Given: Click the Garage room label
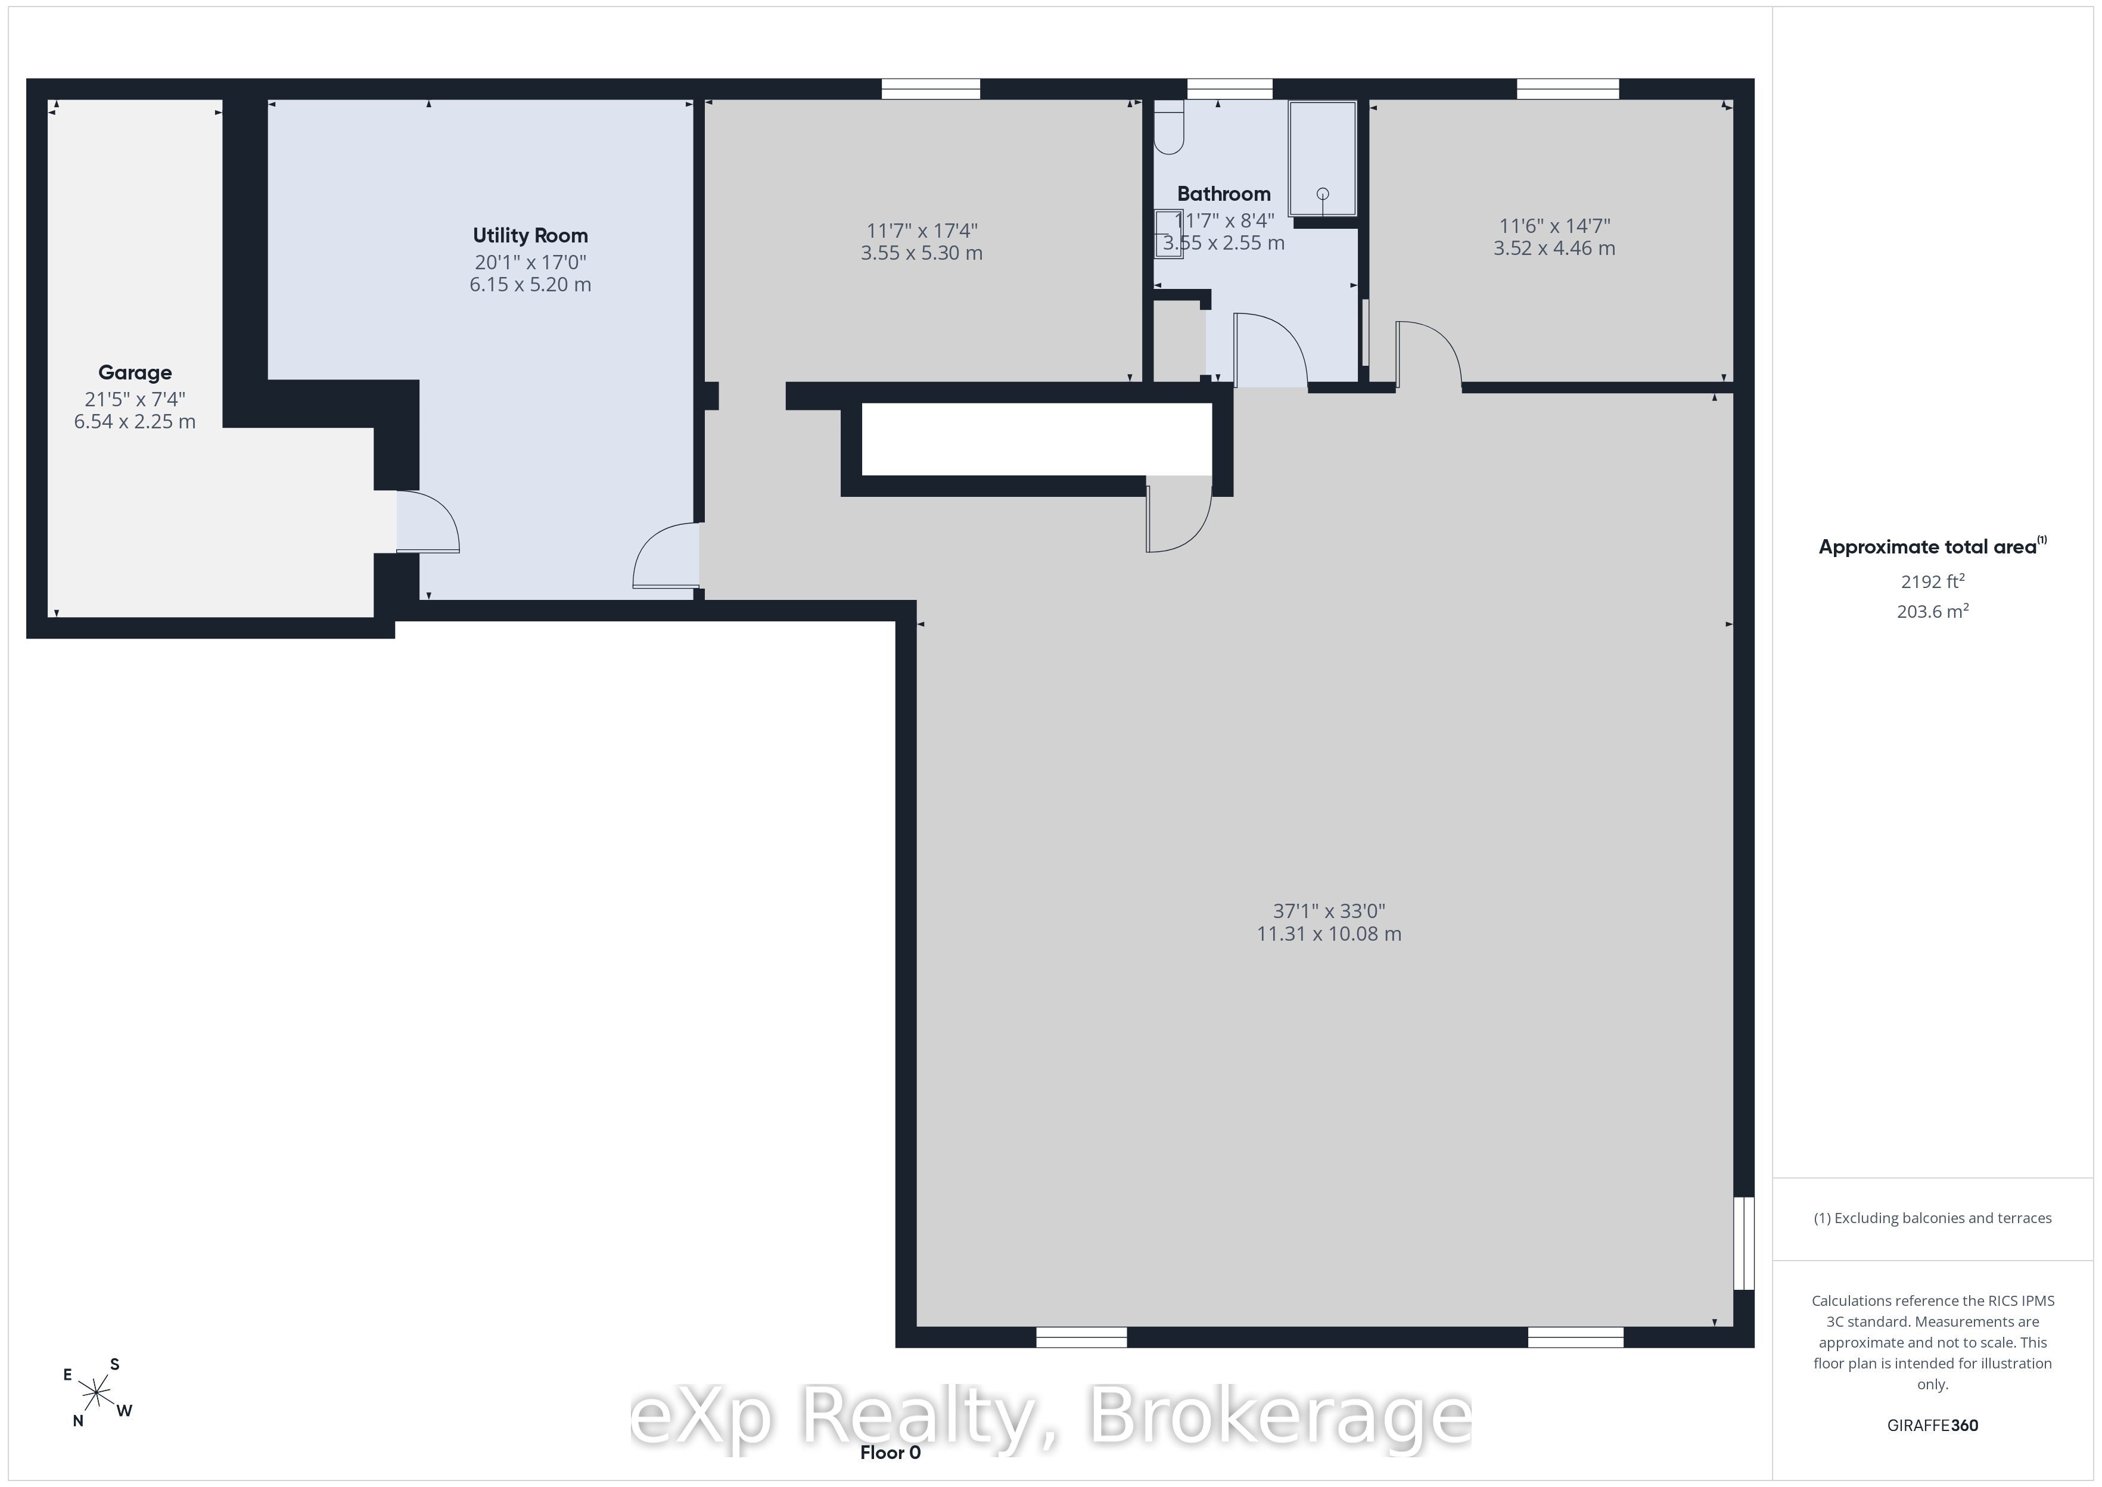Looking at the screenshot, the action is click(135, 373).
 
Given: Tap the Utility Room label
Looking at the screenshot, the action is click(530, 235).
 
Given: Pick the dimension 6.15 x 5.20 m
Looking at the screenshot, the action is click(530, 285).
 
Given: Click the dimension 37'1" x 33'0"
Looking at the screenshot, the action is click(1329, 911).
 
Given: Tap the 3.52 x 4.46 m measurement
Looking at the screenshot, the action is click(1554, 248).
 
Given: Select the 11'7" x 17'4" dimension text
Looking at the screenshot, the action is click(922, 231).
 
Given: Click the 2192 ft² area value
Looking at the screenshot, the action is click(1933, 581).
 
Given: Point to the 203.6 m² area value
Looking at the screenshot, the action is click(1933, 611).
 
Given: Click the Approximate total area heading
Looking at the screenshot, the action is click(1933, 547).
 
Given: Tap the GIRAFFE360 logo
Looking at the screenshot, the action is click(1933, 1426).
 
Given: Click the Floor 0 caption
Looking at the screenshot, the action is click(890, 1453).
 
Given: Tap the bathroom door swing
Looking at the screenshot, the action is click(1271, 349).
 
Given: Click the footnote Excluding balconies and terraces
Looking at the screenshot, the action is click(1933, 1218).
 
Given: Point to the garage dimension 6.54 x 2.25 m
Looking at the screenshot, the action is click(135, 422).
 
